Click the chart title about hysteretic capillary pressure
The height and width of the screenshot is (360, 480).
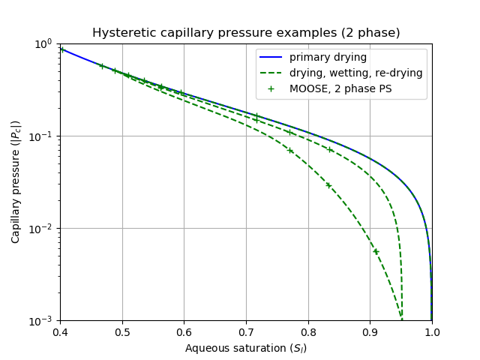(246, 33)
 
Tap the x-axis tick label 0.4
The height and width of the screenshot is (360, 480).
(61, 333)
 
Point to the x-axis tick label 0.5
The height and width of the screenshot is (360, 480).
(122, 333)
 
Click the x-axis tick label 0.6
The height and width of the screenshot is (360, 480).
(184, 333)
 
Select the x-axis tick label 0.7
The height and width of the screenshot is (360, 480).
(246, 333)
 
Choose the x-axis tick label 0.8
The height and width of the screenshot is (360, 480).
(308, 333)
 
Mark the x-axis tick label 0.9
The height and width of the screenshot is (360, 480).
(370, 333)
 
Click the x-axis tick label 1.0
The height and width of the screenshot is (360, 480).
(432, 333)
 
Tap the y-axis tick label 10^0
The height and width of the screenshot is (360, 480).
(44, 43)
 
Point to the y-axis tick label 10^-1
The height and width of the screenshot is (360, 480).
(43, 136)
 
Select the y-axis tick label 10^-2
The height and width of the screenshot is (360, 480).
(43, 228)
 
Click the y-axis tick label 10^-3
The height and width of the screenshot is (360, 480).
(43, 321)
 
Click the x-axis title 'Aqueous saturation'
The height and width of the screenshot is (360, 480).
(246, 348)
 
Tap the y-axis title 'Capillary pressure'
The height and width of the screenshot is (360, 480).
(16, 182)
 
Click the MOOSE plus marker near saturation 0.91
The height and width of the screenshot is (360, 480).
(376, 252)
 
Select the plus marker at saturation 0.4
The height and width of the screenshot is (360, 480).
(61, 49)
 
